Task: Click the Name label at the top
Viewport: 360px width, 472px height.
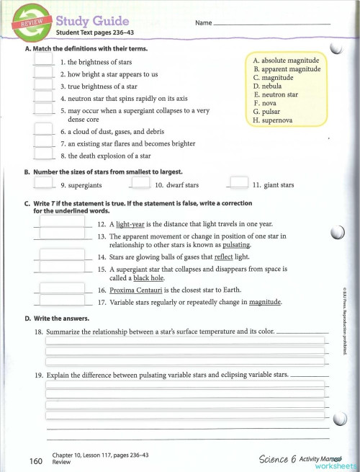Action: tap(203, 23)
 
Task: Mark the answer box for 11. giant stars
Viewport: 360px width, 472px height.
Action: tap(238, 184)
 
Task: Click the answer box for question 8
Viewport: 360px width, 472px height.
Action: tap(44, 154)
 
